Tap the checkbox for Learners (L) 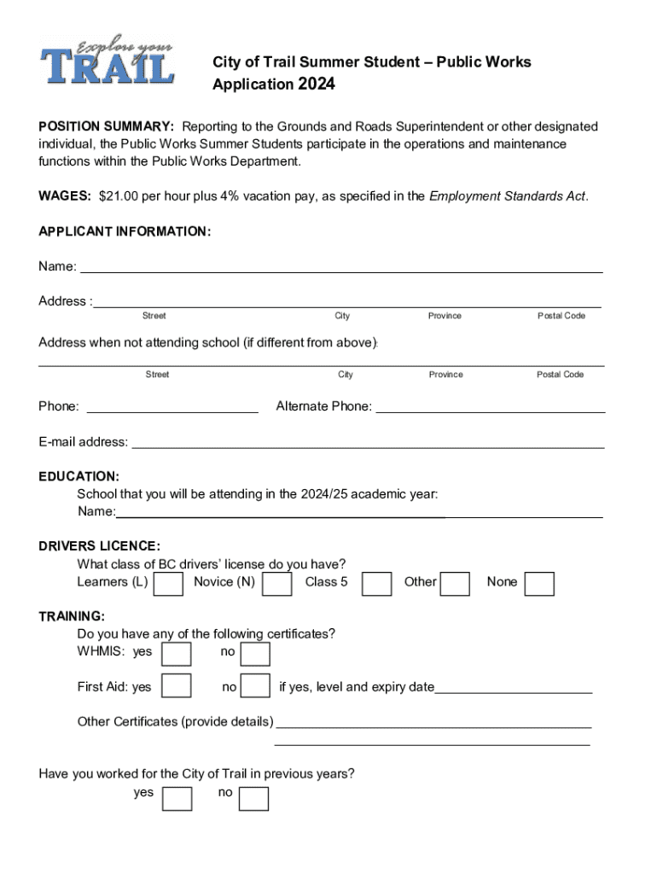tap(168, 584)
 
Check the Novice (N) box tap(276, 584)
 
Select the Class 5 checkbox tap(376, 584)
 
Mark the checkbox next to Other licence tap(455, 584)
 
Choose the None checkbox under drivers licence tap(539, 584)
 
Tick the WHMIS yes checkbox tap(177, 654)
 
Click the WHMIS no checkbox tap(255, 654)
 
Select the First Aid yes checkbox tap(177, 686)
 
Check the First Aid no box tap(255, 686)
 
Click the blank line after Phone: tap(172, 407)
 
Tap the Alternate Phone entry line tap(491, 407)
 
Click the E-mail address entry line tap(368, 442)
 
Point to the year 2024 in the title tap(316, 84)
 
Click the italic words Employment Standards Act tap(507, 196)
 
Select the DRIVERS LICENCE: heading tap(99, 545)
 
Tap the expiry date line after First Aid tap(514, 688)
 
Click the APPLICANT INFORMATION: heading tap(125, 231)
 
